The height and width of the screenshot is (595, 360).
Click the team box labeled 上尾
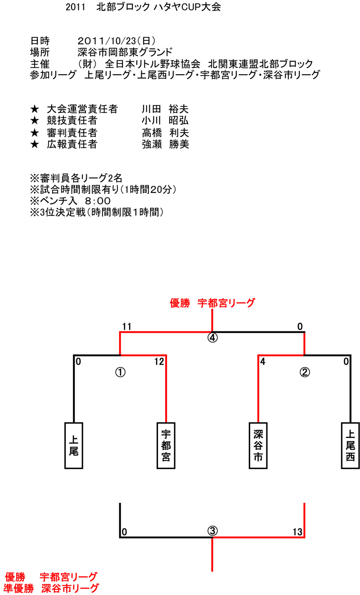[74, 445]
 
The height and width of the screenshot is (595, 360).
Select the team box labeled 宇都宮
[166, 445]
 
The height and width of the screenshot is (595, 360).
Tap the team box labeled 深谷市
[258, 445]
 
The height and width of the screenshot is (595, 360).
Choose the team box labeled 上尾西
[350, 445]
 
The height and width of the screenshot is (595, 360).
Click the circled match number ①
[120, 372]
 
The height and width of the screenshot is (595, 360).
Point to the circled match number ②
[305, 372]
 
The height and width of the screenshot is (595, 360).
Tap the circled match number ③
[212, 531]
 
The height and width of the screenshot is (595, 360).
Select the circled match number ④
[212, 338]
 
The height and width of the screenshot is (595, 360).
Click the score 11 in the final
[127, 327]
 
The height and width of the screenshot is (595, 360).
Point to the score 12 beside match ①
[159, 362]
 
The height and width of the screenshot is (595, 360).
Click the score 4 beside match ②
[263, 362]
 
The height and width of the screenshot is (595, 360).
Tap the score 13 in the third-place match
[297, 532]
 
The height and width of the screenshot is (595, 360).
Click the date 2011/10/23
[107, 41]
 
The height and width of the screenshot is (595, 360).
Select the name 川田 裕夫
[165, 109]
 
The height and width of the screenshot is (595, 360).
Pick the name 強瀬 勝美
[166, 144]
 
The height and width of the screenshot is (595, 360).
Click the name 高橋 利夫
[166, 133]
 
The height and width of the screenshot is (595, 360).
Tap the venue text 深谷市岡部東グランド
[125, 52]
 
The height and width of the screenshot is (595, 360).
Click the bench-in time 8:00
[98, 201]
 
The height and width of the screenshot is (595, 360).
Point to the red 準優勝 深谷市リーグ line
[51, 588]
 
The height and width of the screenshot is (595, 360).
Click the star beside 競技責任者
[35, 121]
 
